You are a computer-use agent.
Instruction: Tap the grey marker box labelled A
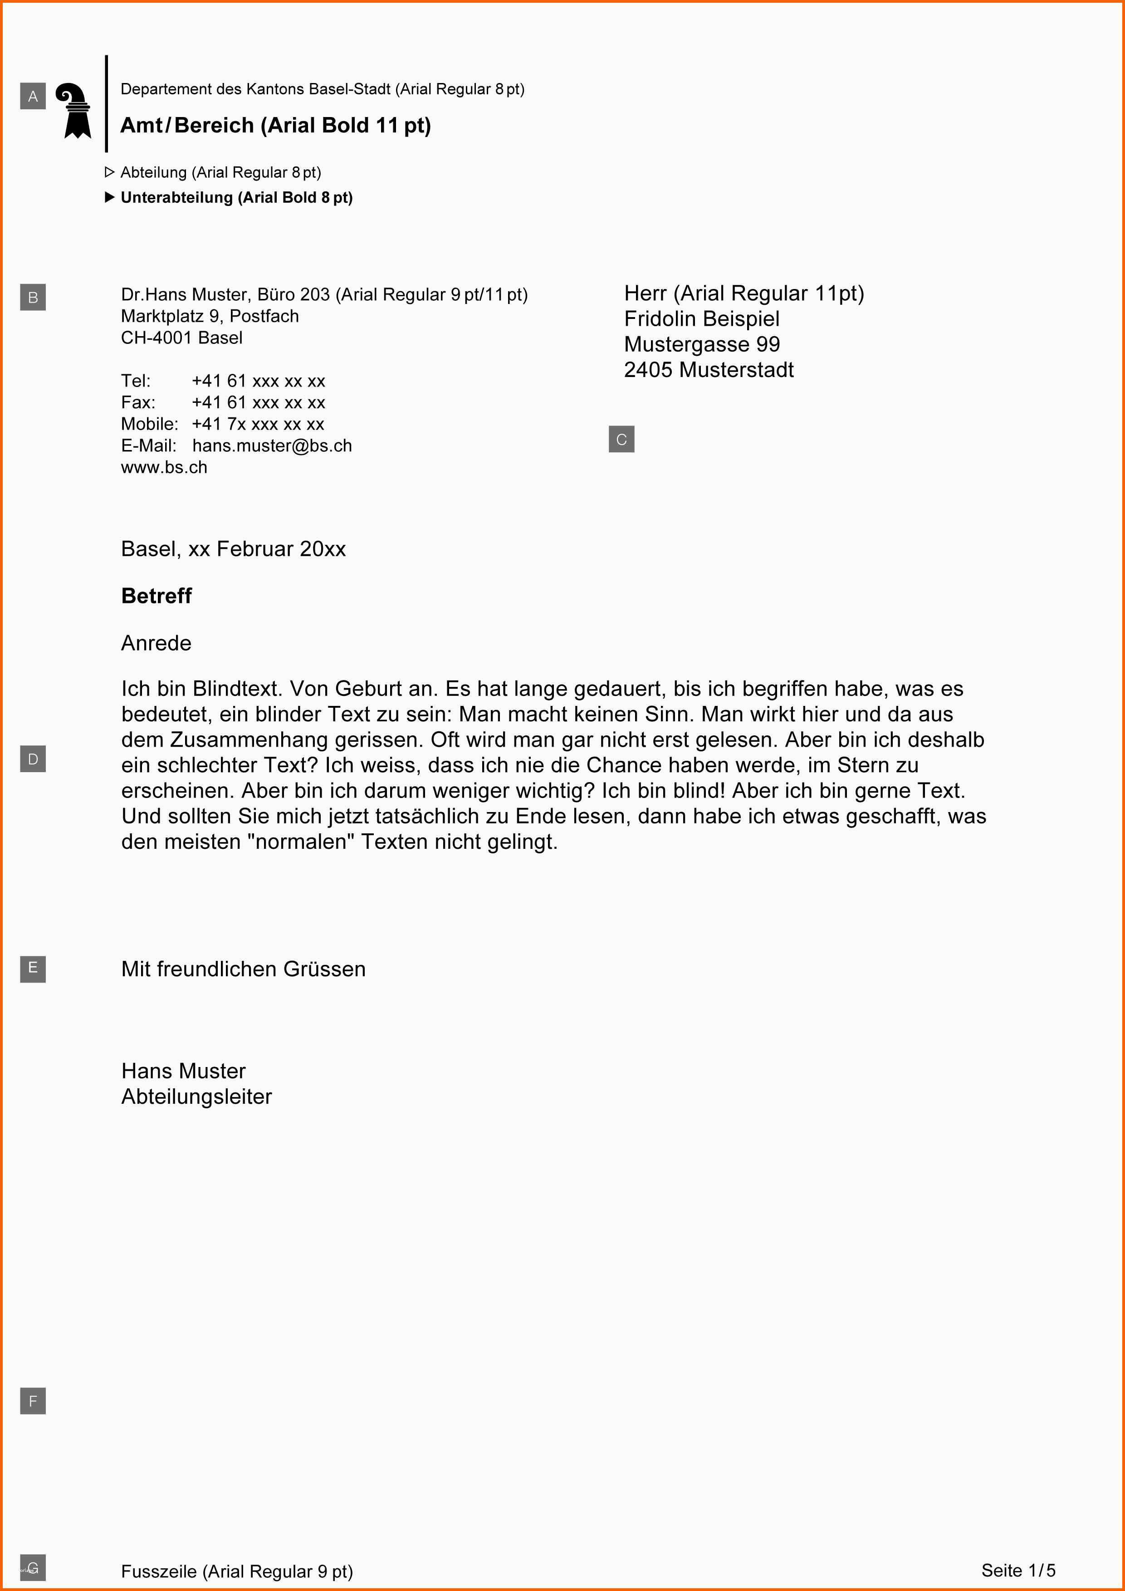(x=33, y=96)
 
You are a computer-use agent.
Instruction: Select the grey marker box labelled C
(x=621, y=439)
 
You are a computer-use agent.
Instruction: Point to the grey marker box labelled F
(x=33, y=1401)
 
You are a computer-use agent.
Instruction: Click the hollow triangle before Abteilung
(x=109, y=172)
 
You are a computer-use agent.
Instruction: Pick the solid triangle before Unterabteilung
(x=109, y=197)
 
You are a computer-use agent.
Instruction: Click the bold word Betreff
(x=157, y=596)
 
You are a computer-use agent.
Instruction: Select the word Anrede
(x=157, y=643)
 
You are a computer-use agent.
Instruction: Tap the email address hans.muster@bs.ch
(x=272, y=445)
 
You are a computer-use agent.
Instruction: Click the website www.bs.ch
(x=164, y=468)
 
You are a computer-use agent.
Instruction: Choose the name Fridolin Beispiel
(x=702, y=319)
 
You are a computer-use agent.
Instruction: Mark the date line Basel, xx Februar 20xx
(x=234, y=549)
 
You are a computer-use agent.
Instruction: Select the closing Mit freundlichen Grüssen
(x=243, y=969)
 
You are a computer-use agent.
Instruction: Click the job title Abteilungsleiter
(x=197, y=1096)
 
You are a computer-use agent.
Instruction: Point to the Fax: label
(x=138, y=402)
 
